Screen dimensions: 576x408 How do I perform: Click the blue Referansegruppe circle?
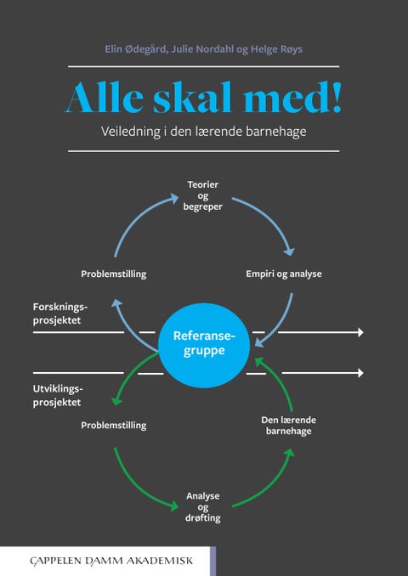[203, 342]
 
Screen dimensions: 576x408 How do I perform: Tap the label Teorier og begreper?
[203, 196]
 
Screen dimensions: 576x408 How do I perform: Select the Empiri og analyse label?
[283, 274]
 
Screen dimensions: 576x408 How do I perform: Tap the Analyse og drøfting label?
[203, 506]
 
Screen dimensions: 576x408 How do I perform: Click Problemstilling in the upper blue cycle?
[114, 274]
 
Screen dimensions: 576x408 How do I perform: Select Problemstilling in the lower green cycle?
[114, 425]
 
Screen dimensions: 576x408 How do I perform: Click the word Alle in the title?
[103, 99]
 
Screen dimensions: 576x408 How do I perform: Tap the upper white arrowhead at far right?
[360, 332]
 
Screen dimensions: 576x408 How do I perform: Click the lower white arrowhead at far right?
[360, 373]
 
